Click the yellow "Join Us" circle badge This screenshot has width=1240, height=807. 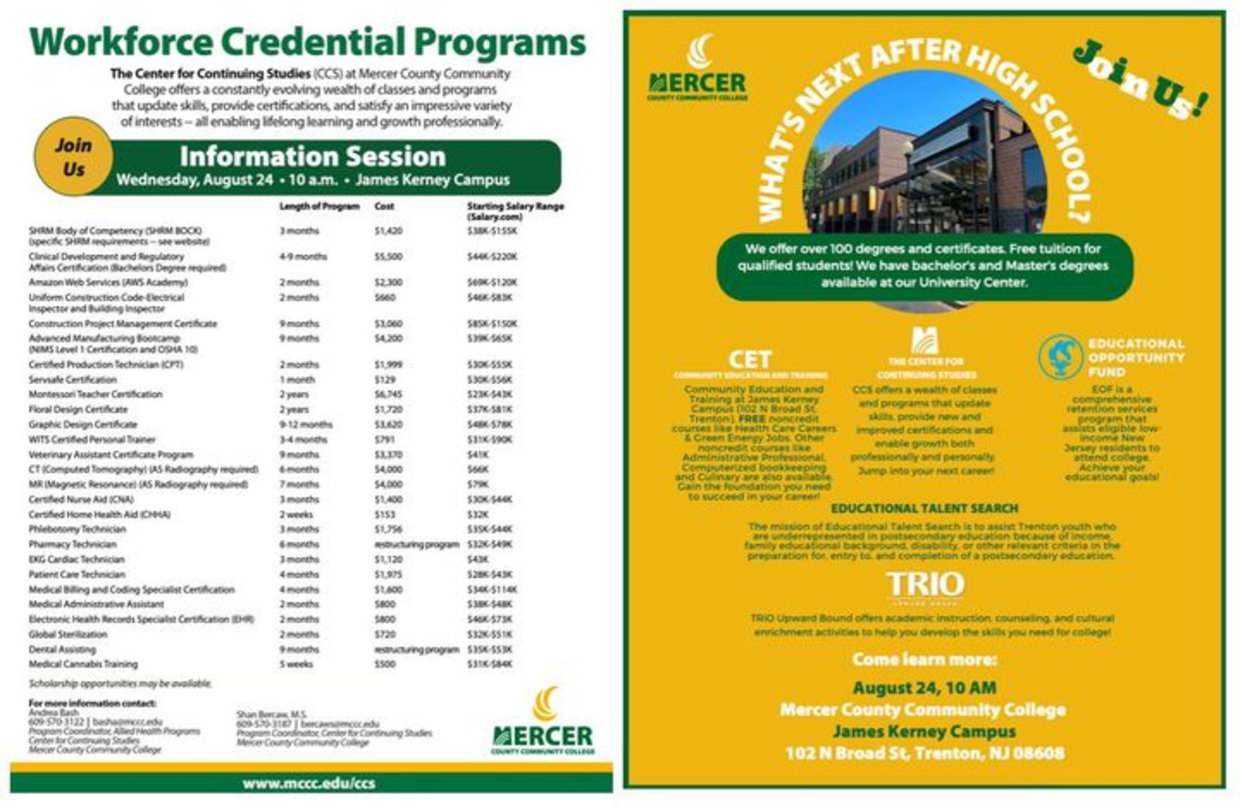[x=73, y=157]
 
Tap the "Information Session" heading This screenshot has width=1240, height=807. [x=312, y=157]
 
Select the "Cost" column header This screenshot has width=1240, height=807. [x=384, y=206]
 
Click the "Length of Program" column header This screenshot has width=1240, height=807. [x=319, y=206]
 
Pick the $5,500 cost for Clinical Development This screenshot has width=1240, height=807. [x=388, y=256]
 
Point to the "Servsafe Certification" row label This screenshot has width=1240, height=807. [x=73, y=379]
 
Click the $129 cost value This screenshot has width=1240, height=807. [x=385, y=379]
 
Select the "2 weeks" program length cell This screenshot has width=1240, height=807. [x=296, y=514]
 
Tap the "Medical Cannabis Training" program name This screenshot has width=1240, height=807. [x=83, y=664]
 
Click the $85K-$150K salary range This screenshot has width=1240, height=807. [x=492, y=324]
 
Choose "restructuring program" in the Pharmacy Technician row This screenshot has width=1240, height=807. [x=417, y=544]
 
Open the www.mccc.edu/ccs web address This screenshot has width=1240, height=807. [x=309, y=784]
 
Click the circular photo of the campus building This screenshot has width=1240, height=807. [x=925, y=163]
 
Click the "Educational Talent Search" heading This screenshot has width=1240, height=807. [x=924, y=508]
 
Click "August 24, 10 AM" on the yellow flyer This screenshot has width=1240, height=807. [x=924, y=688]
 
